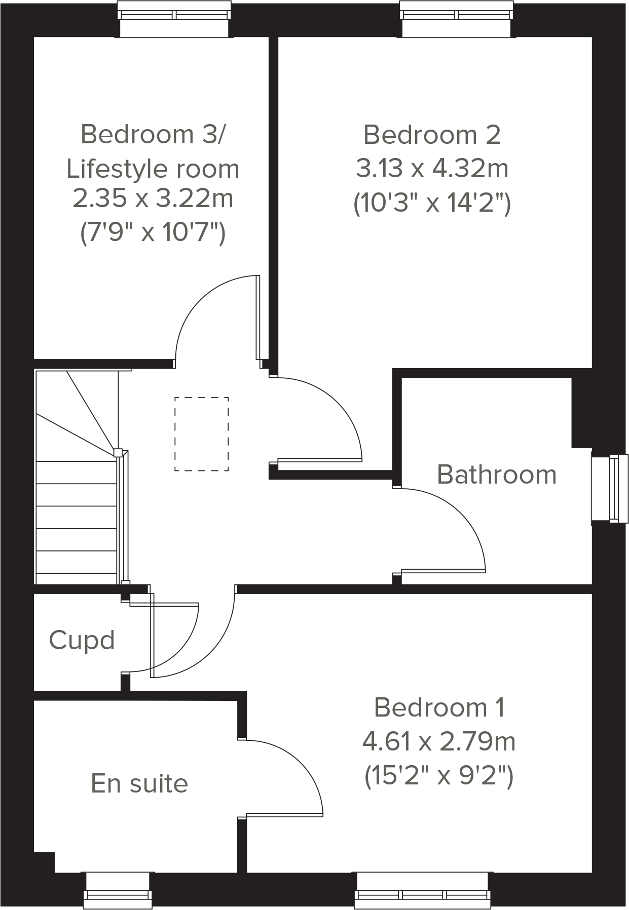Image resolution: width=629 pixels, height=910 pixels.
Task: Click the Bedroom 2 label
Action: click(x=432, y=135)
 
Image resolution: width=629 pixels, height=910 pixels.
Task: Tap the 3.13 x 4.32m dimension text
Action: click(x=432, y=169)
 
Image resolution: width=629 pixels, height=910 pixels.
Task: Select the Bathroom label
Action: click(x=496, y=475)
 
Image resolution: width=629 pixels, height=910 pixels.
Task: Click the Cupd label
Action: click(x=82, y=641)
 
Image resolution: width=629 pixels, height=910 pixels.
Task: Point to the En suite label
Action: click(x=139, y=784)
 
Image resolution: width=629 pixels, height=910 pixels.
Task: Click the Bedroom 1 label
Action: click(x=439, y=708)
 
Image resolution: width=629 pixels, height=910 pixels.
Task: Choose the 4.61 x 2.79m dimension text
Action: click(x=439, y=742)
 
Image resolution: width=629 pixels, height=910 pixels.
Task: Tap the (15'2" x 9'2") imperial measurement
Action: click(x=439, y=776)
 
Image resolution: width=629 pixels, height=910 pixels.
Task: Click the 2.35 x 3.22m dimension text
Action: click(x=153, y=199)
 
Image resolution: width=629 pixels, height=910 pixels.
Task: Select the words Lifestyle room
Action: click(x=153, y=169)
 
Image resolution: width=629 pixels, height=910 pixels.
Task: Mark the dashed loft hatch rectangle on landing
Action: click(x=201, y=434)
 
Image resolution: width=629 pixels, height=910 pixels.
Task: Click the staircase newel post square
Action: click(x=118, y=453)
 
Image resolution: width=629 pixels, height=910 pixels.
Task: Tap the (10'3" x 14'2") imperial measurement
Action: click(x=432, y=204)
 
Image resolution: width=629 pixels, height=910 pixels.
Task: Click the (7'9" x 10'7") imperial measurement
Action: click(x=153, y=233)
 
